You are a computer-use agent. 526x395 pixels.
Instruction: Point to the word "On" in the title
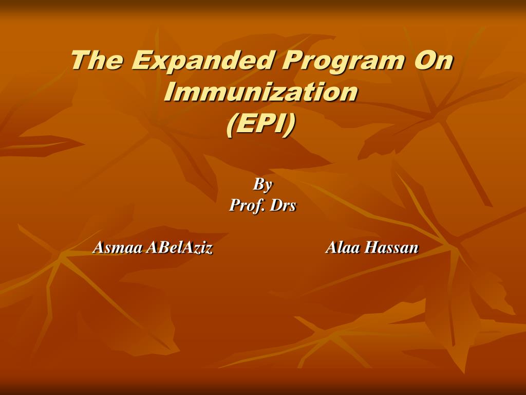click(x=434, y=60)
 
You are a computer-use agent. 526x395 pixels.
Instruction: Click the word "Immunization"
click(x=261, y=93)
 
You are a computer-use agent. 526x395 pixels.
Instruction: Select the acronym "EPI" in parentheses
click(x=261, y=124)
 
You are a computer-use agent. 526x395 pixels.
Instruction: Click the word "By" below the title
click(x=262, y=184)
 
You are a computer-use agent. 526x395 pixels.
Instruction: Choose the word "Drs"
click(x=283, y=206)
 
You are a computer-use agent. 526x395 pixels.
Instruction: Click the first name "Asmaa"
click(x=118, y=248)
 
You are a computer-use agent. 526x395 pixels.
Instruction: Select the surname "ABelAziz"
click(x=179, y=248)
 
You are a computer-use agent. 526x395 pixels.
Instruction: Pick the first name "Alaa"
click(x=343, y=248)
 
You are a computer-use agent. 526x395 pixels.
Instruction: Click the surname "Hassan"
click(x=391, y=248)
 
